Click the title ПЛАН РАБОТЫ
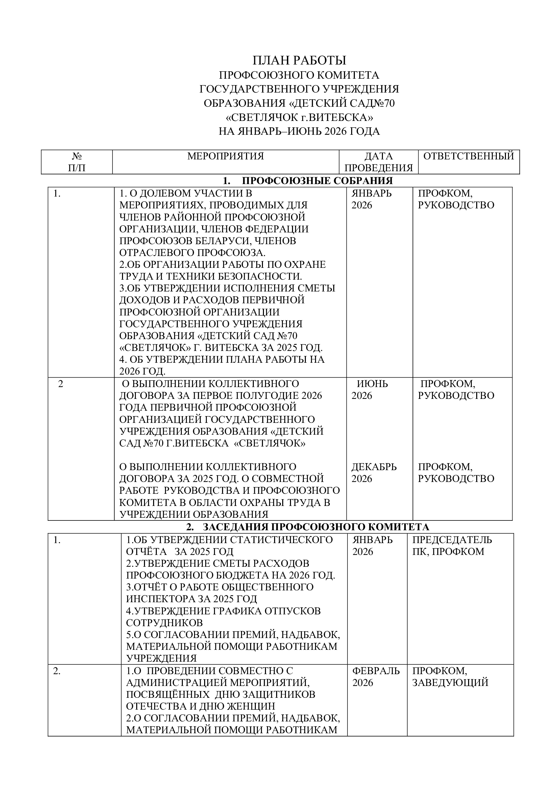pos(299,60)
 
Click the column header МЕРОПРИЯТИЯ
pos(225,156)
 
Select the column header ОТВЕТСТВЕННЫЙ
pos(468,156)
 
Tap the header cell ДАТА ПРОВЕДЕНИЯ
pos(379,162)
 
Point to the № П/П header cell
pos(77,162)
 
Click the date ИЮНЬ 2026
pos(370,389)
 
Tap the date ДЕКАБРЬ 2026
pos(374,473)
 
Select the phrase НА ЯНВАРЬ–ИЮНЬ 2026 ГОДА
pos(299,131)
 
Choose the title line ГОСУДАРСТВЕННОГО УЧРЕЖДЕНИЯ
pos(299,89)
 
